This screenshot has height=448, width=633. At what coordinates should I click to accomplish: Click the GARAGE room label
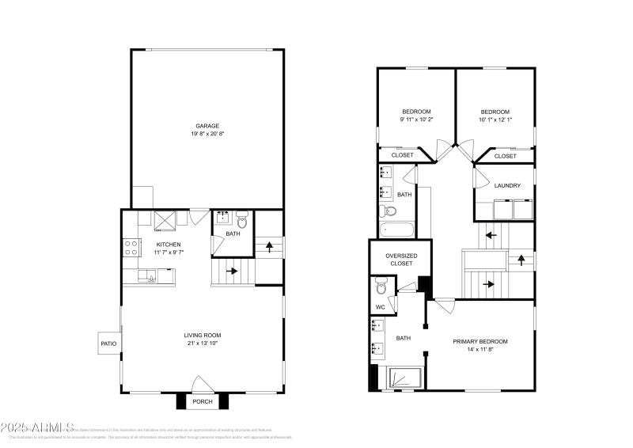pyautogui.click(x=208, y=126)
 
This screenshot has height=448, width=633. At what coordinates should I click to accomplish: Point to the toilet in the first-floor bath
pyautogui.click(x=241, y=222)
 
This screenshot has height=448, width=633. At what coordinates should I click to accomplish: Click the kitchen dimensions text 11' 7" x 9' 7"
pyautogui.click(x=169, y=252)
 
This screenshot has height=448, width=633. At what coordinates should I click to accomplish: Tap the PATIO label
pyautogui.click(x=108, y=344)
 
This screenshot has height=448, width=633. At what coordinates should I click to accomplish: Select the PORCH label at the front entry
pyautogui.click(x=203, y=402)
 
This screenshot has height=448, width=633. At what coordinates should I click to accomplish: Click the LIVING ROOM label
pyautogui.click(x=202, y=336)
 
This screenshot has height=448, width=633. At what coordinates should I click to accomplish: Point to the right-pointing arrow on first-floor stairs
pyautogui.click(x=232, y=271)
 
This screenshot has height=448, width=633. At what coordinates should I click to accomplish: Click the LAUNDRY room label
pyautogui.click(x=506, y=186)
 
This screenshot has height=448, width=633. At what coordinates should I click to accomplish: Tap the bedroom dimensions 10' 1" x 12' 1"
pyautogui.click(x=495, y=120)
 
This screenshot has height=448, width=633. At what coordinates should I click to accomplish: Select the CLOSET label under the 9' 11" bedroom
pyautogui.click(x=402, y=155)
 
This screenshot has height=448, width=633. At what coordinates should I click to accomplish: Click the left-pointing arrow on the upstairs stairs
pyautogui.click(x=491, y=234)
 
